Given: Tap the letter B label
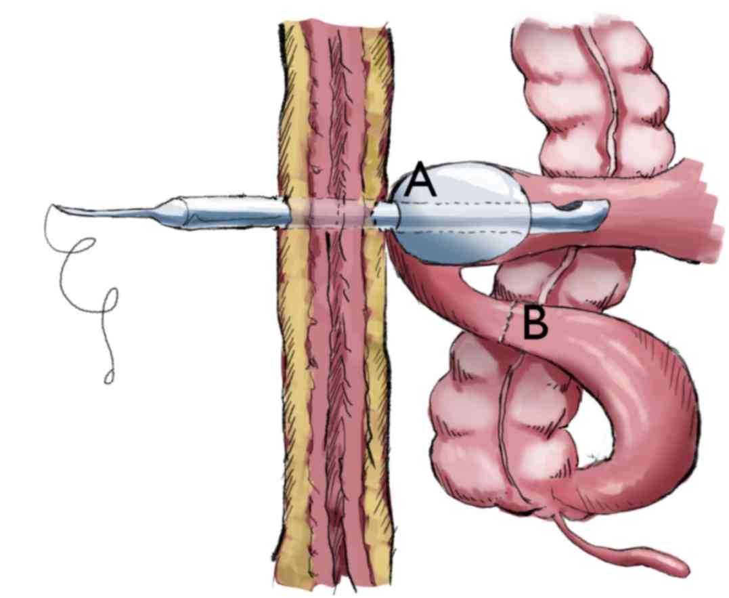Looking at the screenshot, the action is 535,324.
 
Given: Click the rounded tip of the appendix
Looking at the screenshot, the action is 677,562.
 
